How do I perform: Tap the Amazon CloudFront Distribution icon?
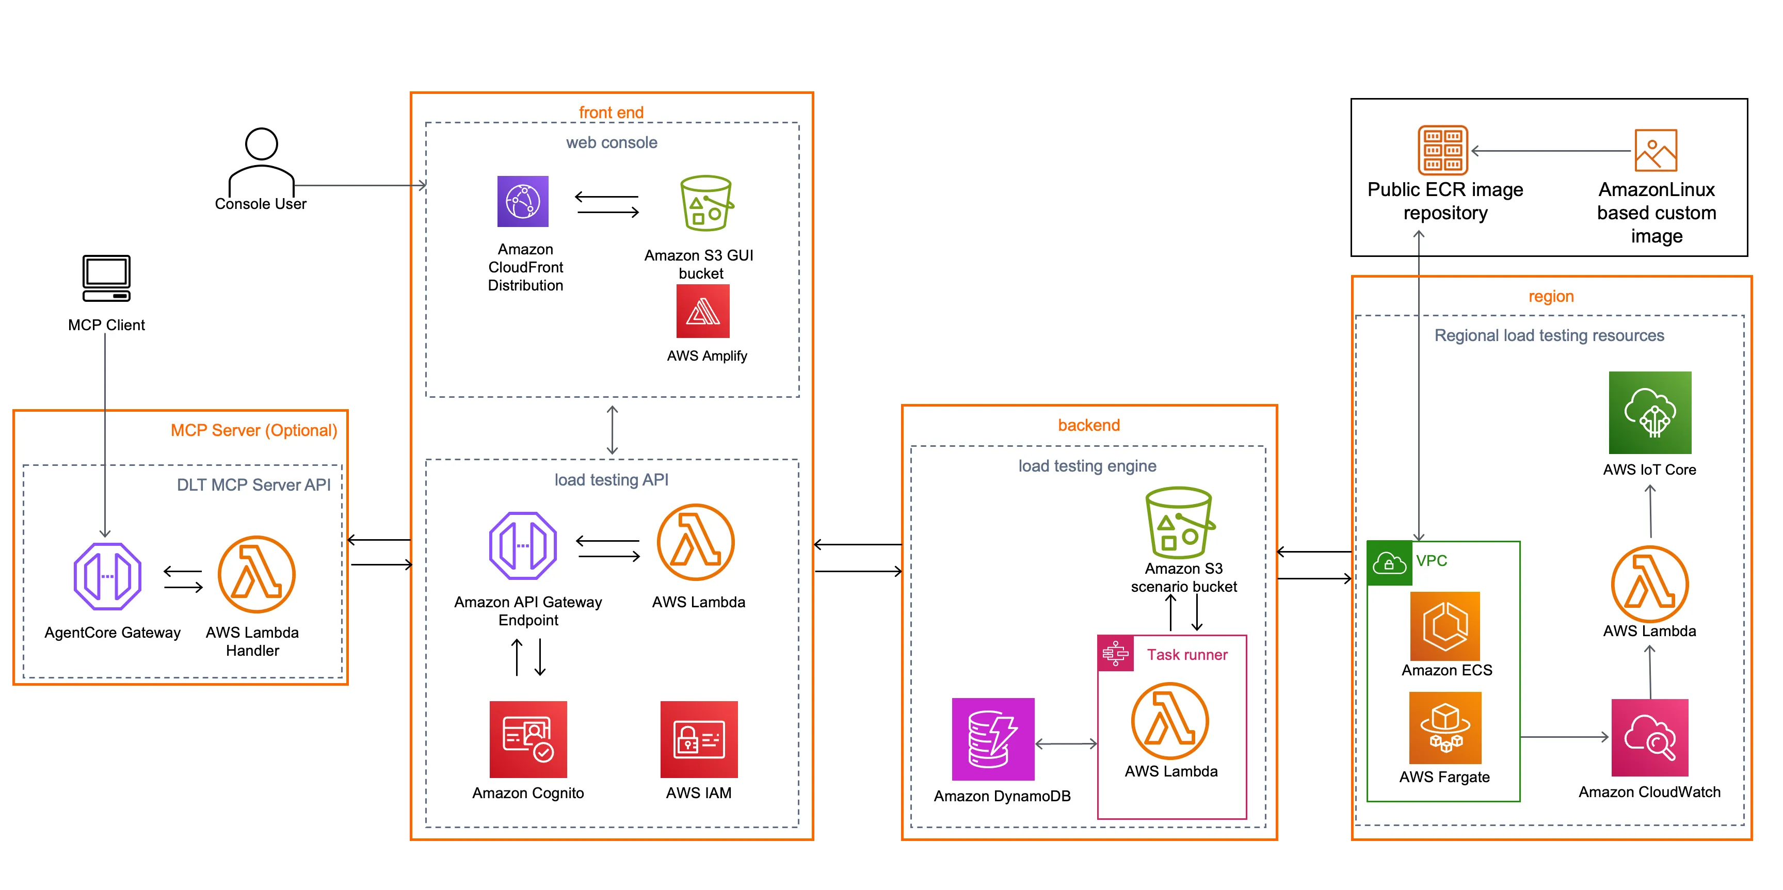click(x=523, y=201)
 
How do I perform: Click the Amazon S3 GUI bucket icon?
click(x=705, y=203)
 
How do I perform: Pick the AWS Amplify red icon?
click(x=702, y=312)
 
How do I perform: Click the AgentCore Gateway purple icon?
click(x=107, y=576)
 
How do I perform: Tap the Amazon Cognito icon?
click(x=528, y=739)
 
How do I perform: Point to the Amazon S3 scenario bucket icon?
click(x=1179, y=523)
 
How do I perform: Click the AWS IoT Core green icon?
click(x=1649, y=412)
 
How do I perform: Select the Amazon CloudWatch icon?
click(x=1649, y=738)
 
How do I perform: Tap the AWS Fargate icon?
click(x=1445, y=728)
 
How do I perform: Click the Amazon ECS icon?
click(x=1445, y=626)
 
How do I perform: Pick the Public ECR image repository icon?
click(x=1442, y=150)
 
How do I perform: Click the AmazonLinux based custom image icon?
click(x=1655, y=150)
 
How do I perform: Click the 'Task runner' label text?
click(x=1186, y=655)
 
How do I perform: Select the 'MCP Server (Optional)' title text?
click(x=253, y=430)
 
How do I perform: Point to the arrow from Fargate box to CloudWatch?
click(x=1564, y=738)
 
